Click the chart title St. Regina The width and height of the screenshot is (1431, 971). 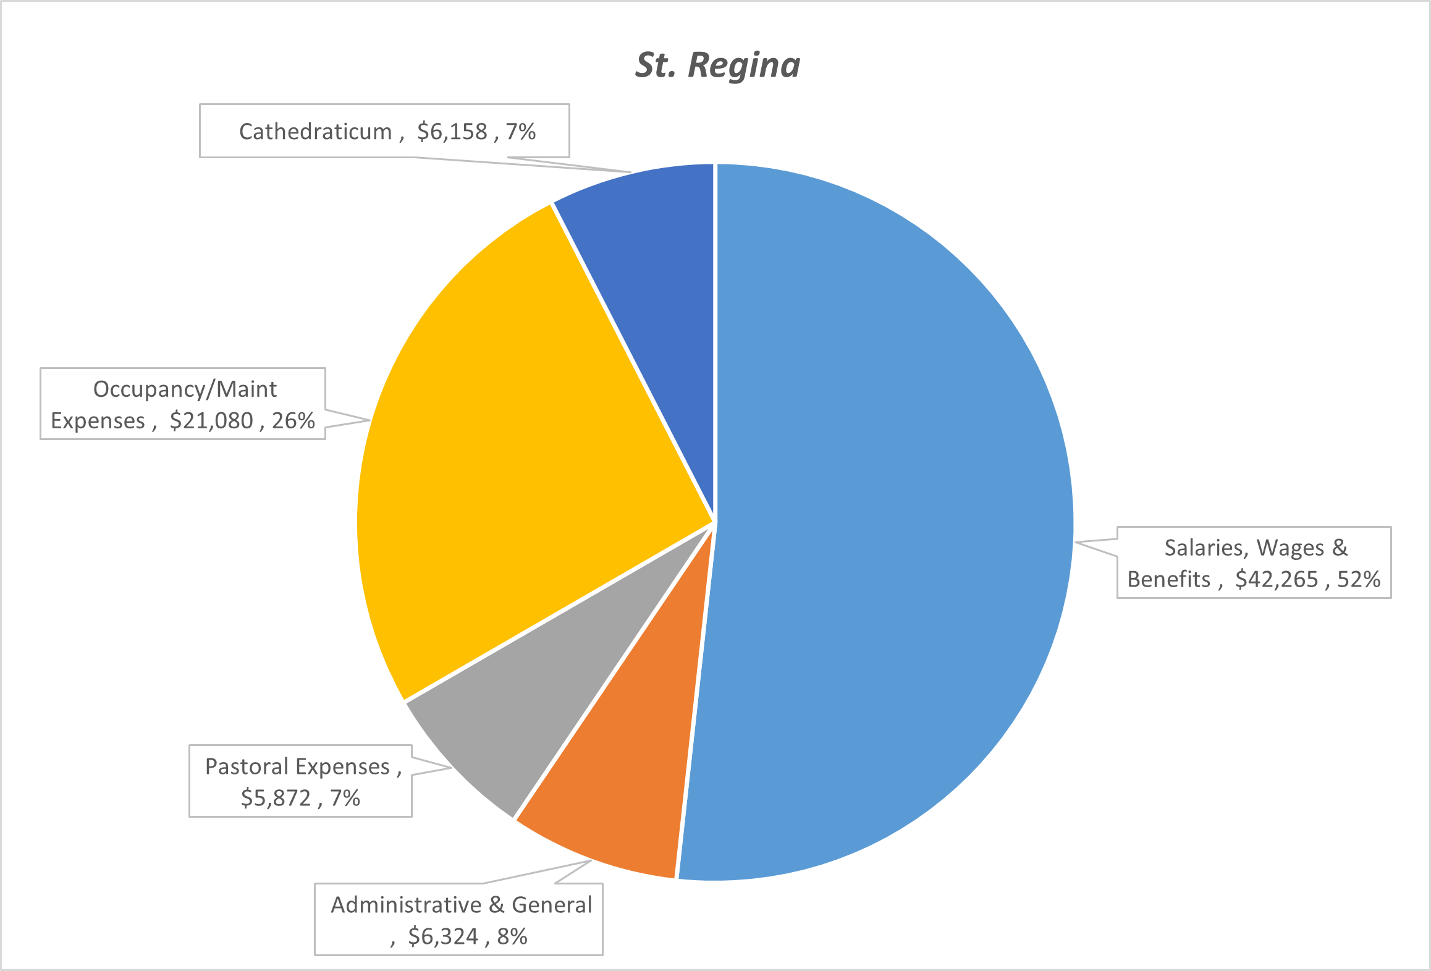click(x=717, y=65)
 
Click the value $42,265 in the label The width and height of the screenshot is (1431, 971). click(x=1277, y=580)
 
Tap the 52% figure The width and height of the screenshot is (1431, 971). click(x=1359, y=580)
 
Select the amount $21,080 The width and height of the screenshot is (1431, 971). click(x=211, y=421)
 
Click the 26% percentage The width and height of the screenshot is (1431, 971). click(x=293, y=421)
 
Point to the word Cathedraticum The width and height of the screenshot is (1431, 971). click(x=315, y=132)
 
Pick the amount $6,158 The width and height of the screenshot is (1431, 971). click(x=452, y=132)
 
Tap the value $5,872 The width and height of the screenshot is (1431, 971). click(x=276, y=798)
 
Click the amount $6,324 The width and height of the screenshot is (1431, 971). click(x=443, y=936)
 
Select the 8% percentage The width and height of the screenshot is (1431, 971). click(x=512, y=936)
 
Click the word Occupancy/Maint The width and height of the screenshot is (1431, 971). click(x=185, y=389)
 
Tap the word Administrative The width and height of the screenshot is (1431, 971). click(x=406, y=905)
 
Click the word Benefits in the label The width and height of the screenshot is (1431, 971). click(x=1168, y=580)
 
